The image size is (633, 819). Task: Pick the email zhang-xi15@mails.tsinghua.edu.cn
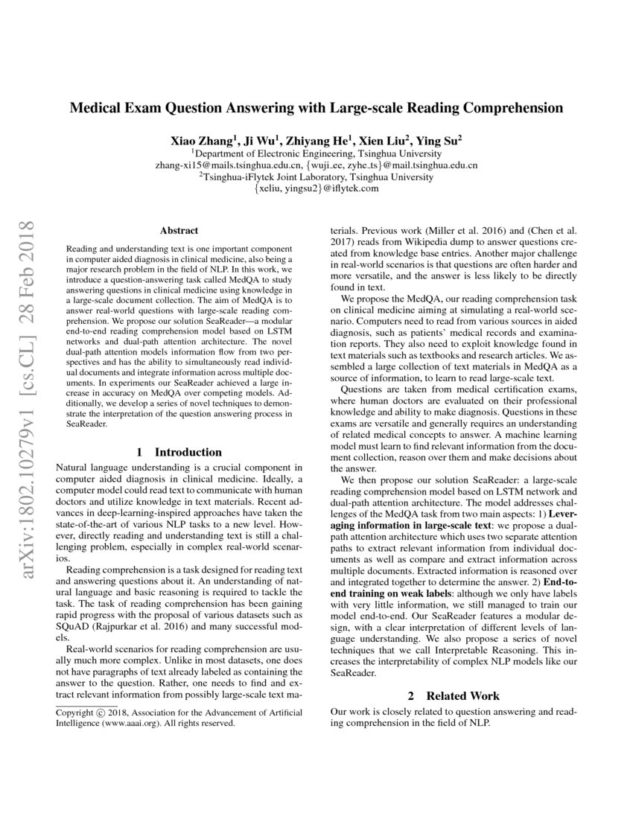(229, 165)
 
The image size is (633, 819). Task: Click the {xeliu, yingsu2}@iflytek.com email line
(316, 189)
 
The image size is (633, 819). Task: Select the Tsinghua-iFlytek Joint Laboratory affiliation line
(316, 177)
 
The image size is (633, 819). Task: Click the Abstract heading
(179, 231)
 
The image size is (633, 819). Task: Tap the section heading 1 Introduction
(179, 452)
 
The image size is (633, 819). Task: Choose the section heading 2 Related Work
(454, 696)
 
